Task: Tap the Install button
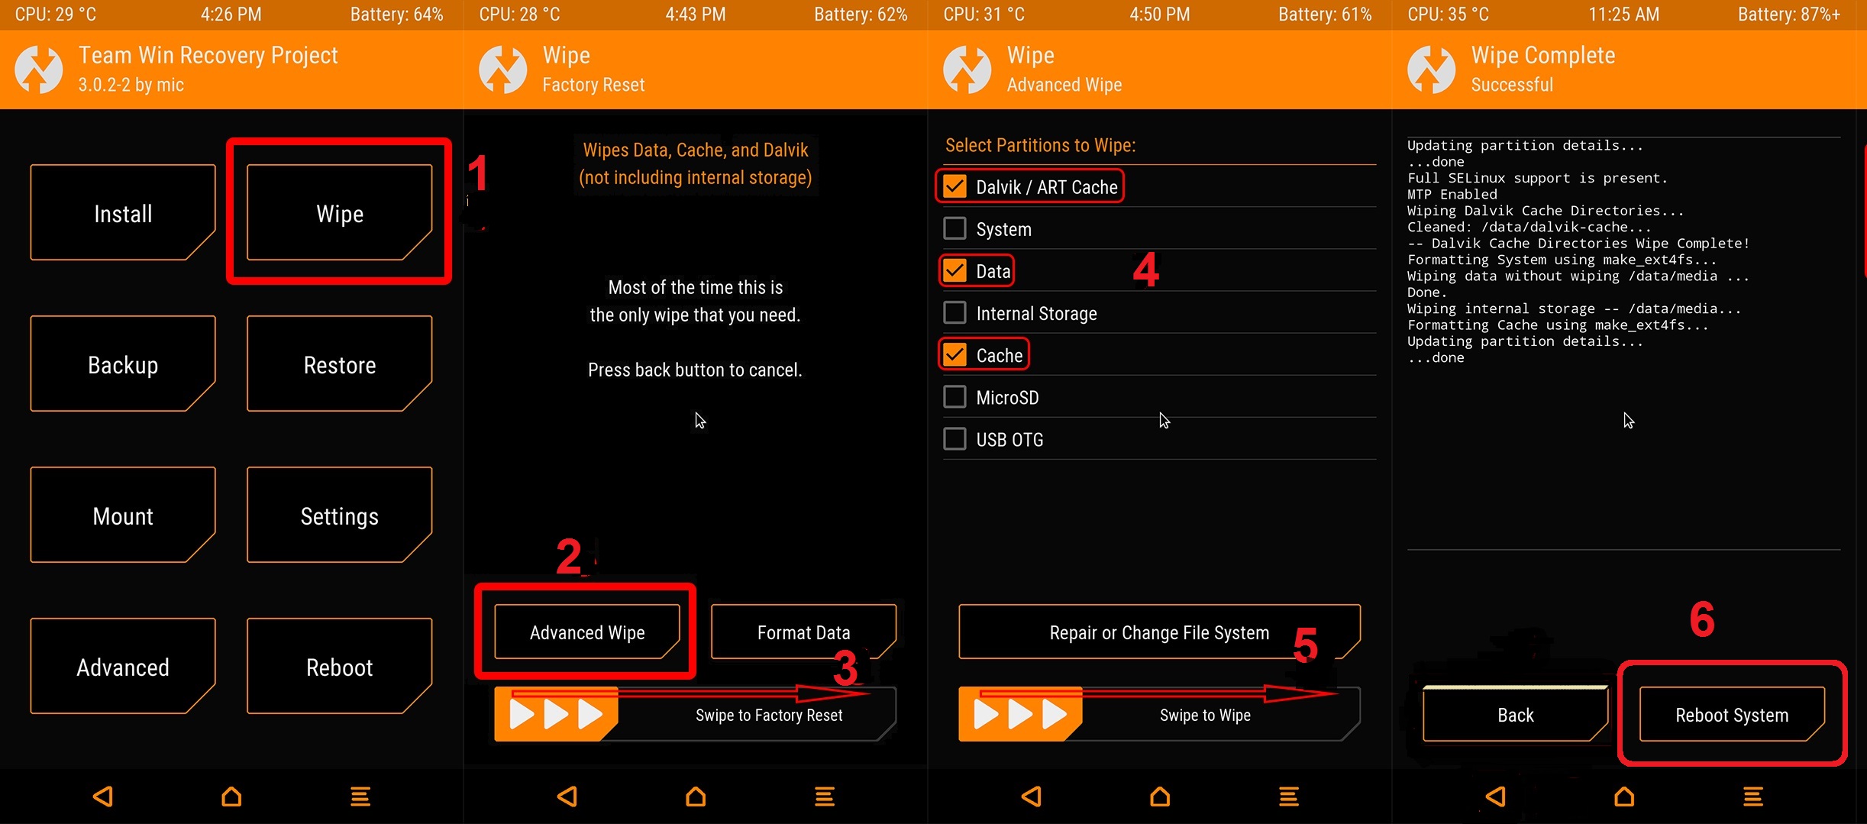click(123, 213)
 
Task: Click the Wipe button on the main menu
click(339, 213)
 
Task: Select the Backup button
click(123, 364)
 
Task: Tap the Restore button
click(339, 364)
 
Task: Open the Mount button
click(123, 515)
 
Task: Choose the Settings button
click(339, 515)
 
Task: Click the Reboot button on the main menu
click(339, 667)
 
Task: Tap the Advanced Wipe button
click(587, 632)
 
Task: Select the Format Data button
click(803, 632)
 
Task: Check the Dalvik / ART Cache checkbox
click(954, 186)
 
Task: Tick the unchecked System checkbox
click(954, 228)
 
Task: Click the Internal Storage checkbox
click(954, 312)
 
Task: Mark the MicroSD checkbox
click(954, 396)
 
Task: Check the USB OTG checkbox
click(954, 438)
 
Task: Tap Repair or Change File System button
click(1159, 632)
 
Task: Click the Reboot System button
click(1732, 714)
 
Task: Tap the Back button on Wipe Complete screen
click(1516, 714)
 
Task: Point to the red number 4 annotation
click(1145, 270)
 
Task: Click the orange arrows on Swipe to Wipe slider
click(1020, 715)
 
